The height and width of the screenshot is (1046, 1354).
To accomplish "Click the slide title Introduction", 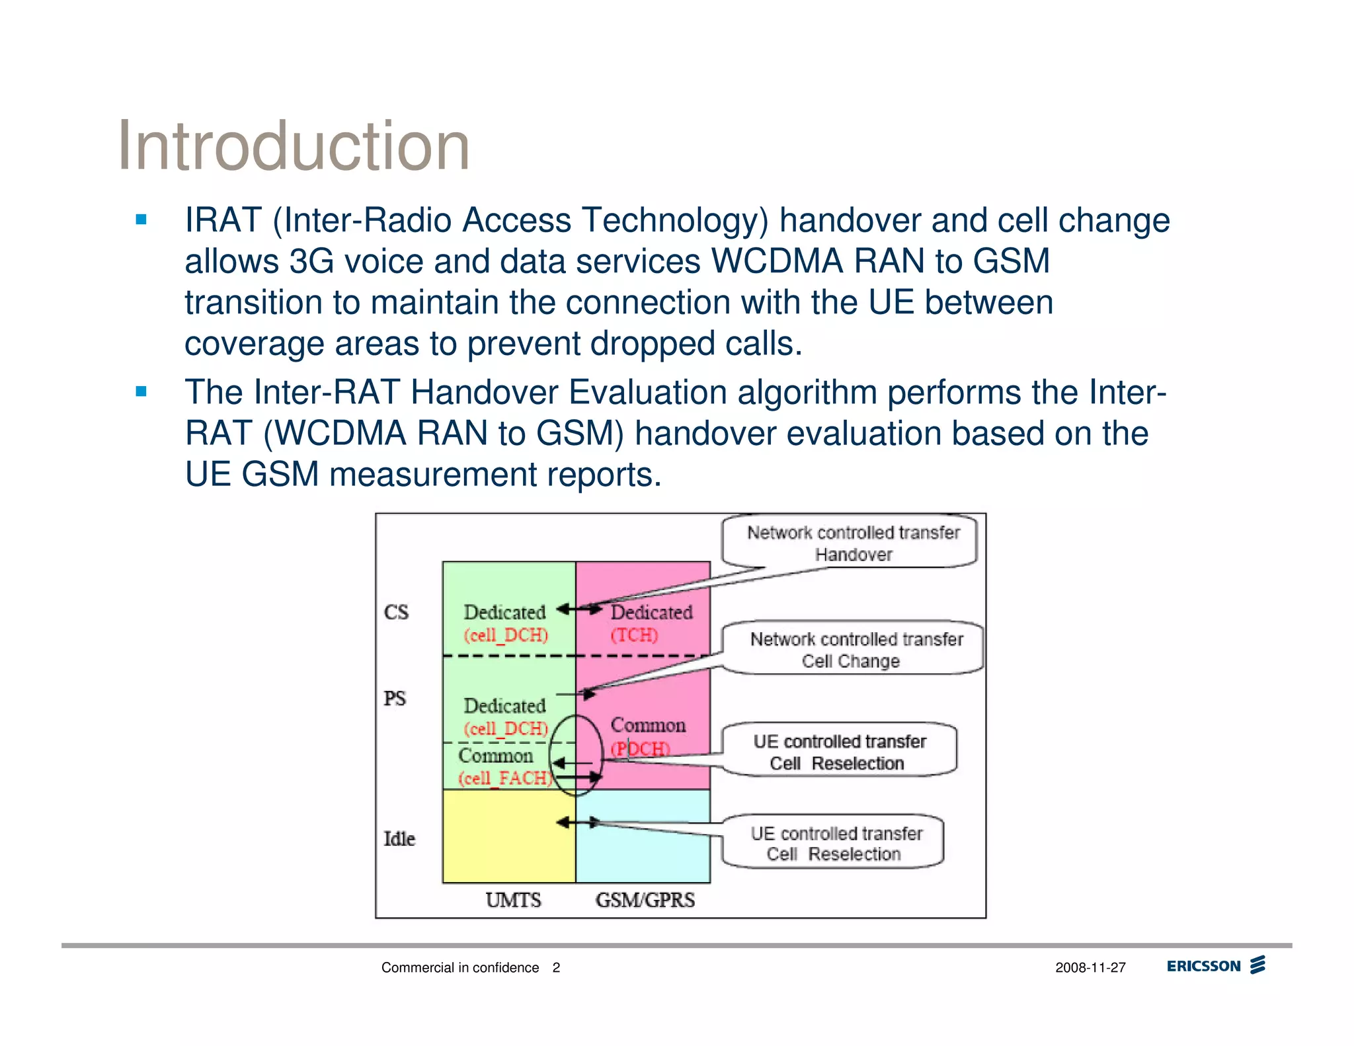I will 293,146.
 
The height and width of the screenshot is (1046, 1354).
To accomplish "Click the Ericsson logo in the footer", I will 1215,966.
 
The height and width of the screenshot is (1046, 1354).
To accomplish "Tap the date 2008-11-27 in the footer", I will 1090,968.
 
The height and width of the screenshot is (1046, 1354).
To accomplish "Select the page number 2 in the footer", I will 556,968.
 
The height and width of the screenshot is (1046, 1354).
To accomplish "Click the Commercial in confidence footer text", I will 460,968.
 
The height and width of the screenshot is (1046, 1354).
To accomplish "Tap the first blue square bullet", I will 141,220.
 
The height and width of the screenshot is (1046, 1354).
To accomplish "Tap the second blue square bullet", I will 141,391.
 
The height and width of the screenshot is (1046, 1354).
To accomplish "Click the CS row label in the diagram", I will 396,612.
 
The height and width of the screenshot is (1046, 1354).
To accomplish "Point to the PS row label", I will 395,699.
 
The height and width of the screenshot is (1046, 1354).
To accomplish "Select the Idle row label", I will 399,839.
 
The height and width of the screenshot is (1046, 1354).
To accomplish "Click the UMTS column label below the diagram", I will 513,900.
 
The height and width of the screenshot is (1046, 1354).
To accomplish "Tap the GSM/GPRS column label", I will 645,900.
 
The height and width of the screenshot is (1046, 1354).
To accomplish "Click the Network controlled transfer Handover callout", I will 852,543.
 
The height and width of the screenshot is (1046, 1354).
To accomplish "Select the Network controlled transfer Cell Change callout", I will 854,649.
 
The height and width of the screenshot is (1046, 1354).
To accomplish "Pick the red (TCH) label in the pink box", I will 634,635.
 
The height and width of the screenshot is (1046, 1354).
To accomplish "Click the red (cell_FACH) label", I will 505,778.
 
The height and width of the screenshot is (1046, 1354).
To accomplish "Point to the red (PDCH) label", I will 640,749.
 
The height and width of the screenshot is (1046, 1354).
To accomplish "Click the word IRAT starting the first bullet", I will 223,220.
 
